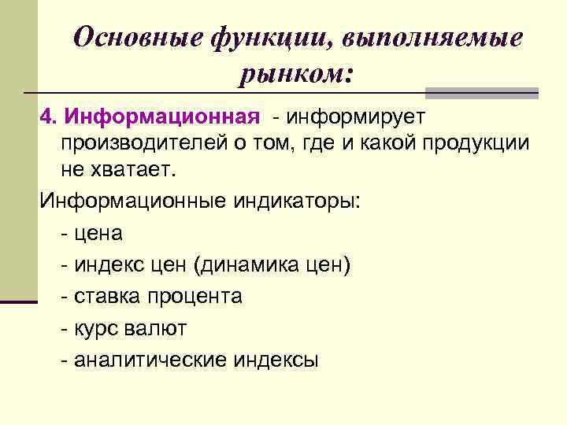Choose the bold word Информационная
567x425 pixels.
tap(162, 116)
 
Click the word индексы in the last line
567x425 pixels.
tap(276, 360)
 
